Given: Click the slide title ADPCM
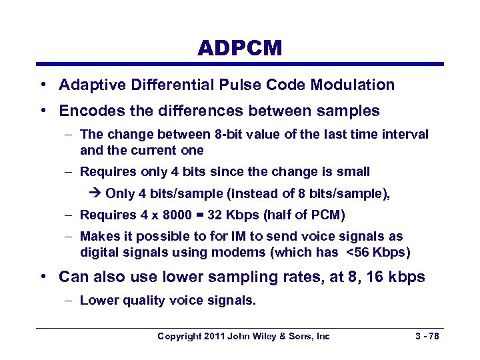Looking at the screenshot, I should tap(239, 48).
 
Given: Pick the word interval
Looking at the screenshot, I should tap(405, 135).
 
